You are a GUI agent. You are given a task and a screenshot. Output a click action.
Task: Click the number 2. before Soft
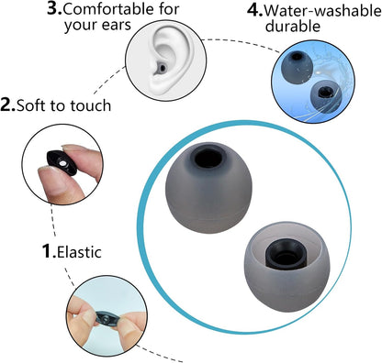click(8, 105)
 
